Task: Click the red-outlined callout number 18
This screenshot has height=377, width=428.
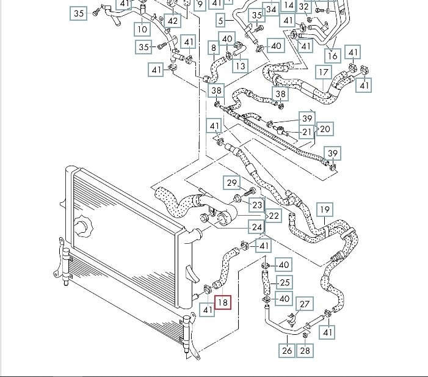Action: (223, 301)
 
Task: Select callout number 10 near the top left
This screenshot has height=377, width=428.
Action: (142, 29)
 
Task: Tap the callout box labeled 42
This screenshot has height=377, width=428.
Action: (173, 21)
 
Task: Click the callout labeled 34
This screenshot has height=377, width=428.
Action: (272, 10)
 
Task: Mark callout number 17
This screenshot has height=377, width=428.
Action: (213, 48)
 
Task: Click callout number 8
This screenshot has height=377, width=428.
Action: (213, 48)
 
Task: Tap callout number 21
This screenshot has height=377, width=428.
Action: (307, 133)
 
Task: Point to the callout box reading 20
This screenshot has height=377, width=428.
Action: (325, 129)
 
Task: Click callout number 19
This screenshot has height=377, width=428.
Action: (325, 210)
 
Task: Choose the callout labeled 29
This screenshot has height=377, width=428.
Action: (232, 182)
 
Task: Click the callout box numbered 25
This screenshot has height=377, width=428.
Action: (285, 282)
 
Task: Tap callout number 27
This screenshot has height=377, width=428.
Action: (304, 304)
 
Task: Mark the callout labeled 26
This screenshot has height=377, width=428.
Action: (287, 350)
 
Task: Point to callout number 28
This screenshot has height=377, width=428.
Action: (305, 350)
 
